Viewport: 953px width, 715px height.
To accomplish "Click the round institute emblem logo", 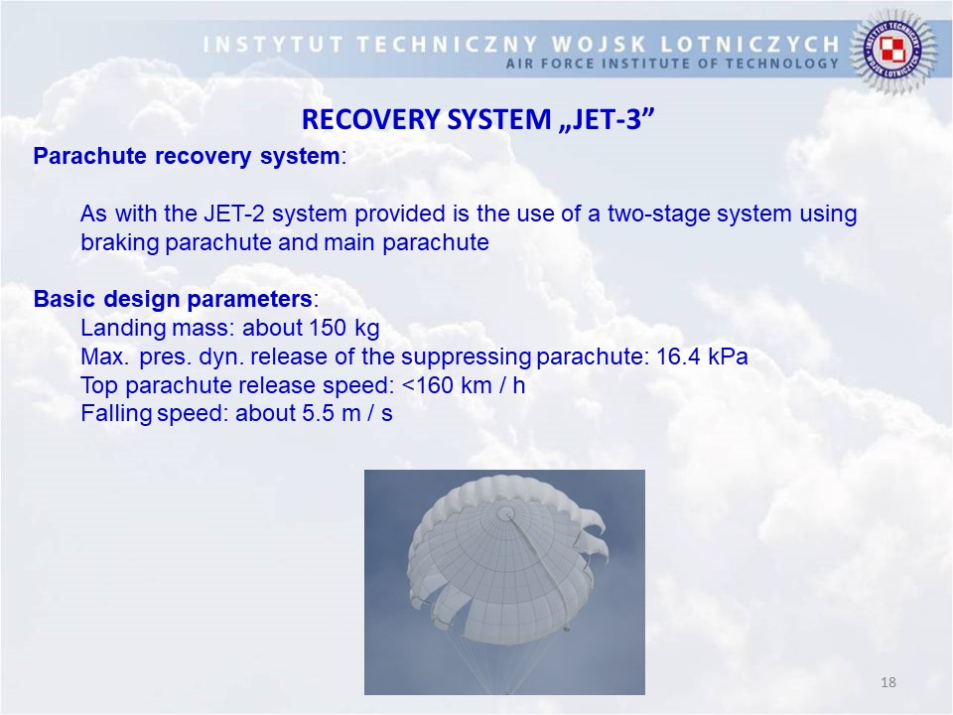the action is pos(892,50).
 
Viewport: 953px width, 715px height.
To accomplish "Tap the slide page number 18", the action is pos(887,682).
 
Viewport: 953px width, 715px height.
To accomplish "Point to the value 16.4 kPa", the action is pos(702,357).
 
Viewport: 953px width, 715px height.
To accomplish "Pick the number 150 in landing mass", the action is pos(329,328).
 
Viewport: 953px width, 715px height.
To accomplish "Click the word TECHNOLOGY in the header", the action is pos(782,64).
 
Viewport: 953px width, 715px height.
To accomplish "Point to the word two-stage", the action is pos(659,214).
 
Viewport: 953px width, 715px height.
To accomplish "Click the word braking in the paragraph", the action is pos(119,242).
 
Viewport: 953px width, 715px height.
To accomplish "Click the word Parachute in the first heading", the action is pos(90,156).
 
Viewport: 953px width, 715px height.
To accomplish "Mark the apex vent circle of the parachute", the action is pos(504,514).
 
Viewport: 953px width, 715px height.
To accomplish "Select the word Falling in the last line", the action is pos(116,414).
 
